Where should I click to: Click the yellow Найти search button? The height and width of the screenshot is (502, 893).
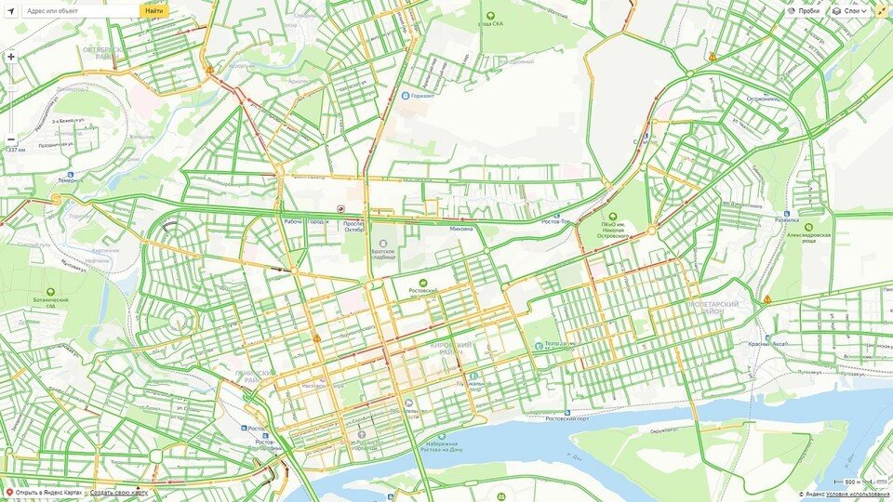coord(154,10)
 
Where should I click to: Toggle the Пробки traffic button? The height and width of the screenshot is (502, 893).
coord(805,10)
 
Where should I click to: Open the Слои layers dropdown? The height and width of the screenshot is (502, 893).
coord(849,10)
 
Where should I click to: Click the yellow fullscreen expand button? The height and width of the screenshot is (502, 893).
coord(882,10)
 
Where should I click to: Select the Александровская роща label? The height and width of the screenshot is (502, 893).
coord(808,235)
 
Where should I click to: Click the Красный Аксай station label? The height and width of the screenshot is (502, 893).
coord(767,343)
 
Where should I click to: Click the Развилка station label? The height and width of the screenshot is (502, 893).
coord(787,220)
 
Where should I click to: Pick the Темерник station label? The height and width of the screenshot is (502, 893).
coord(68,179)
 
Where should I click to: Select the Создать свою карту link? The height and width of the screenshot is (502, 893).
coord(118,493)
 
